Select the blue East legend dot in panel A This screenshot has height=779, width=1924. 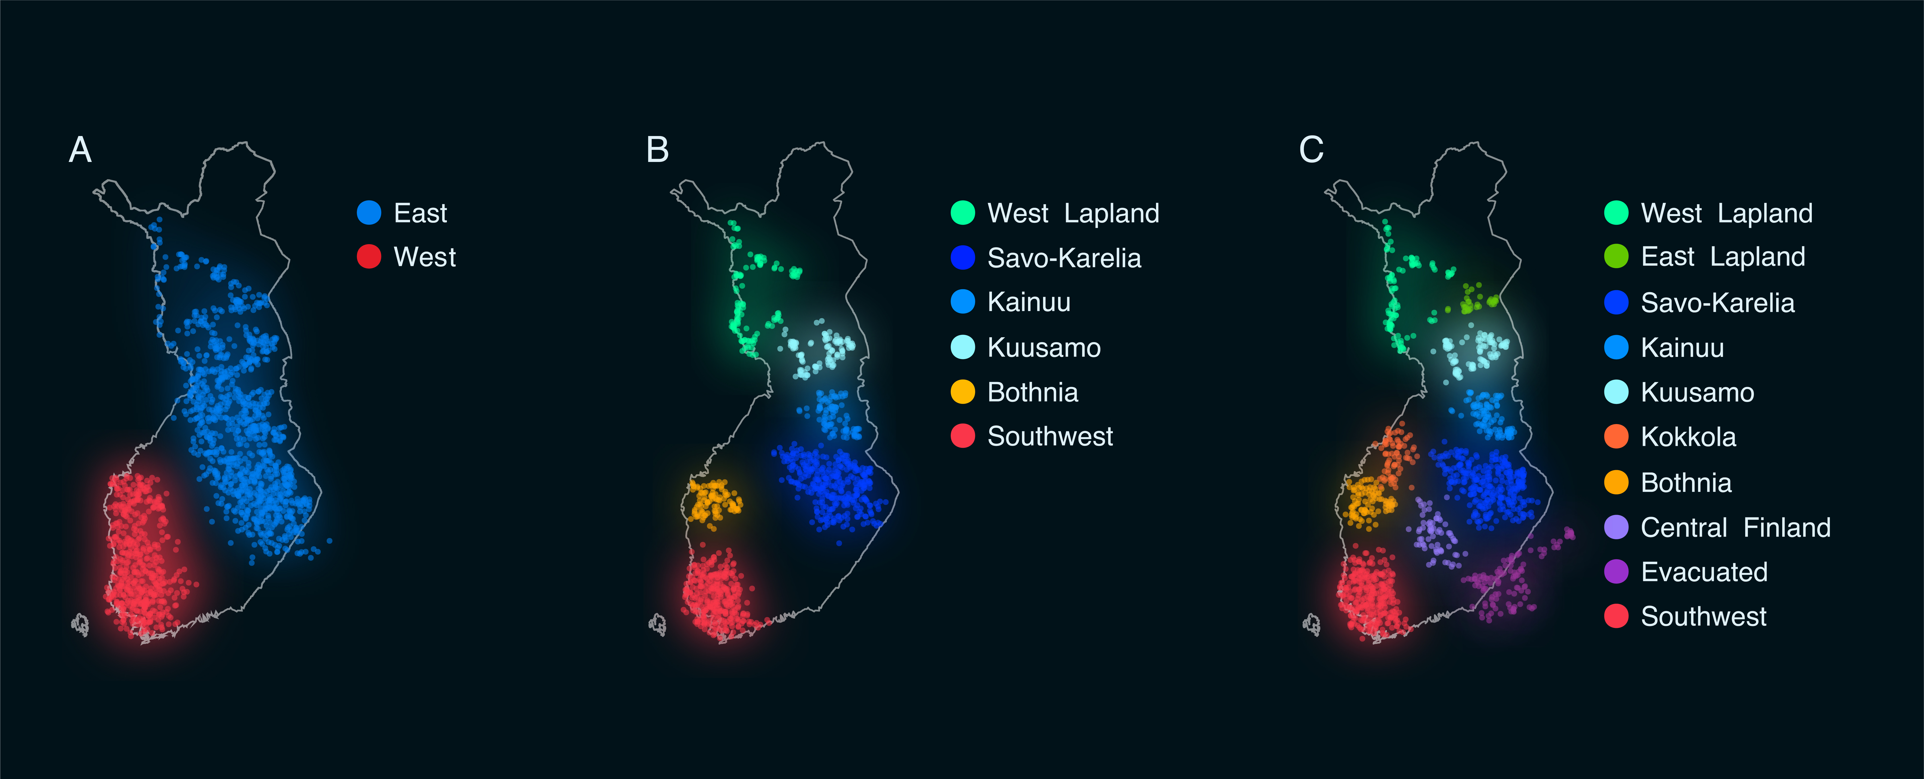(369, 213)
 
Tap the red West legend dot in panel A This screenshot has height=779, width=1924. (369, 257)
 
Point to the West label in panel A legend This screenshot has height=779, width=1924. (424, 257)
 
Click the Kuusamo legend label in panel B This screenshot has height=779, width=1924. (1043, 347)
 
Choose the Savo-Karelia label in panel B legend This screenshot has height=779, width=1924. (1064, 258)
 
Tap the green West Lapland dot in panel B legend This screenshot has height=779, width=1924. (963, 213)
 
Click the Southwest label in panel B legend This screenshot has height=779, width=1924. (1049, 436)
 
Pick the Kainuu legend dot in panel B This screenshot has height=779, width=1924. (963, 302)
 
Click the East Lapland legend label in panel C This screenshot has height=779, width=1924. (1722, 257)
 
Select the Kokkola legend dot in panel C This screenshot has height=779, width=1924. (1616, 437)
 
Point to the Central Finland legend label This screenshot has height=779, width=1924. (1735, 527)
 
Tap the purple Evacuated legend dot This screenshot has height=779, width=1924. (1616, 572)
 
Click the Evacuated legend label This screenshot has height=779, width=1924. (1704, 572)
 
